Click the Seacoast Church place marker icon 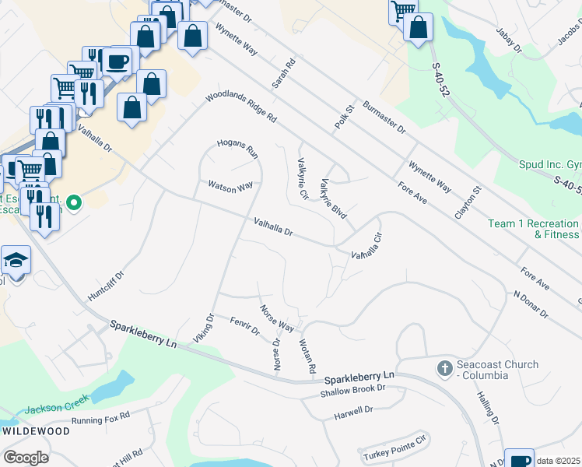click(x=444, y=368)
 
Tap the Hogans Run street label click(x=237, y=148)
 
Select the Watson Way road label click(x=230, y=187)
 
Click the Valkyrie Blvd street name click(x=332, y=198)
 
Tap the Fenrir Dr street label click(x=244, y=325)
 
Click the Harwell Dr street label click(x=354, y=409)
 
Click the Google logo click(x=26, y=458)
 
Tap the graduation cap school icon click(x=16, y=260)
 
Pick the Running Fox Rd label click(x=100, y=420)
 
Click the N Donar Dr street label click(x=531, y=304)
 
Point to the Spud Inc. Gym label click(x=549, y=164)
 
